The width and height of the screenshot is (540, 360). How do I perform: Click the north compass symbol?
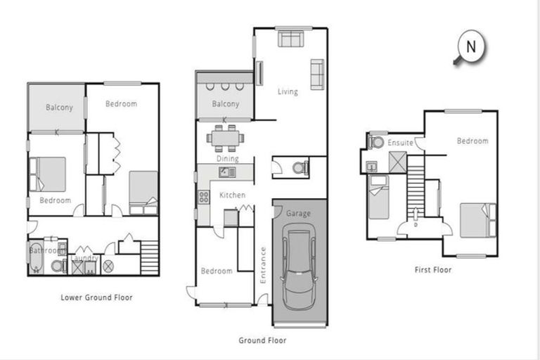tap(470, 48)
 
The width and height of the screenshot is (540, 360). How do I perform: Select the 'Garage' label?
tap(298, 214)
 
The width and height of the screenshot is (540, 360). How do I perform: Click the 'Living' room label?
tap(288, 91)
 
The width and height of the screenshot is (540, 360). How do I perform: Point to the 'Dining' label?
tap(227, 159)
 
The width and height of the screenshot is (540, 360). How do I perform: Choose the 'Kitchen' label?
tap(232, 195)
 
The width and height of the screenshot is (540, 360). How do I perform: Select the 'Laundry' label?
tap(85, 258)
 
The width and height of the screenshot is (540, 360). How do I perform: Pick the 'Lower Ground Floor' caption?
tap(96, 297)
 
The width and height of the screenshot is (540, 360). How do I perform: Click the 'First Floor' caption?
tap(433, 269)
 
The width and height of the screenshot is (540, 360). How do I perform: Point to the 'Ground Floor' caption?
tap(262, 340)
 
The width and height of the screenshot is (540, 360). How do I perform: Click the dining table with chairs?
tap(226, 138)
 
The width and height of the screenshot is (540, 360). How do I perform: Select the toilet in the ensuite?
tap(376, 143)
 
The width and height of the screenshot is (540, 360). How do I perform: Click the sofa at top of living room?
tap(289, 38)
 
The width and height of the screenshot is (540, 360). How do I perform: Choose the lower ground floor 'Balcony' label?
tap(59, 108)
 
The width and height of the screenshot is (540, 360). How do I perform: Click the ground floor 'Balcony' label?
tap(226, 104)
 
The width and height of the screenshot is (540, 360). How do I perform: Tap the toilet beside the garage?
tap(298, 169)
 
